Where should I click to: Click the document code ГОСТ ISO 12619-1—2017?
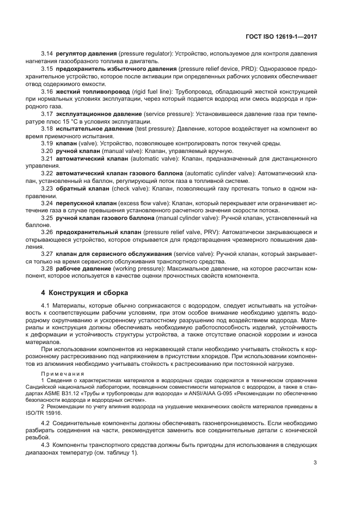pyautogui.click(x=283, y=36)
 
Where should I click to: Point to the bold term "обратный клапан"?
pyautogui.click(x=82, y=187)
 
